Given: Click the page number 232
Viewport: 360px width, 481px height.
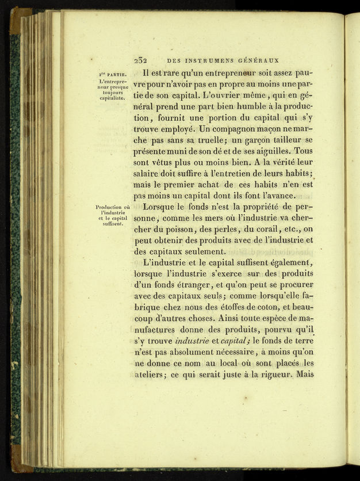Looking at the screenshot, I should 141,60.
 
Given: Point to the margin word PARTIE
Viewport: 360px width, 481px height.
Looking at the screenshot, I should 116,74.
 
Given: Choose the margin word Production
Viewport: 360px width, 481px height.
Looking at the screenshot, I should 109,207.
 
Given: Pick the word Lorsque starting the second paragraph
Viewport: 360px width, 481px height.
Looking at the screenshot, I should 162,207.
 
